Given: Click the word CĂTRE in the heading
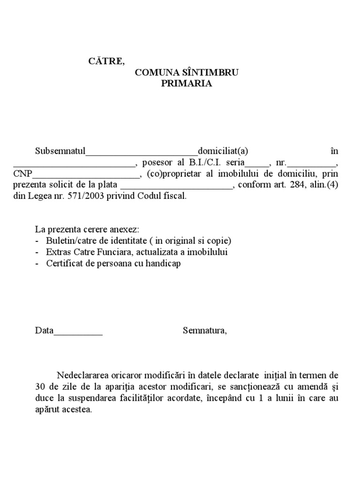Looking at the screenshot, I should [x=107, y=61].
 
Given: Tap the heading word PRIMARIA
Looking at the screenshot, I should [x=187, y=84].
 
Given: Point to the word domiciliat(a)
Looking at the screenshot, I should [x=223, y=151].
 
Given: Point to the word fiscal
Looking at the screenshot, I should [x=175, y=196].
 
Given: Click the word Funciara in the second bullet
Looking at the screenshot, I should [x=101, y=252].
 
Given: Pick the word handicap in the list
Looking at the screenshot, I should [x=164, y=263].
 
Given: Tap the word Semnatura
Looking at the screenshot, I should [x=204, y=331].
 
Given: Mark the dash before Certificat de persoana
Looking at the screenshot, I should [x=37, y=263].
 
